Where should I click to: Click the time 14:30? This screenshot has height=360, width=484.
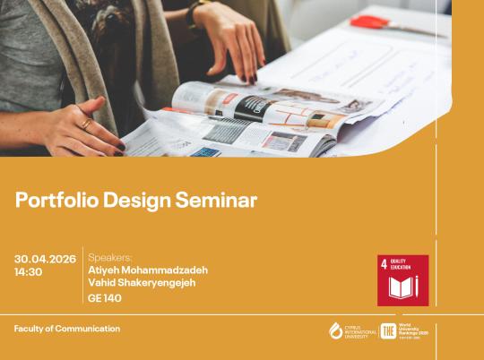(x=28, y=272)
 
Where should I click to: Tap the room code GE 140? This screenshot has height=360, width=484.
(x=105, y=298)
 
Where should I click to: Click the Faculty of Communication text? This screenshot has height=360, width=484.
(x=66, y=329)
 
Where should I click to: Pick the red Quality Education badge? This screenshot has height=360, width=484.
(x=402, y=280)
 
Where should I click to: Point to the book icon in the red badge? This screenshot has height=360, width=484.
(x=402, y=287)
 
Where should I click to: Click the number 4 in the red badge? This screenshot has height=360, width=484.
(x=385, y=263)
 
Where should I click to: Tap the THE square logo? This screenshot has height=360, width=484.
(x=388, y=331)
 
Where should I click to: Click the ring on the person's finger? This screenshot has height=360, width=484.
(x=87, y=124)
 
